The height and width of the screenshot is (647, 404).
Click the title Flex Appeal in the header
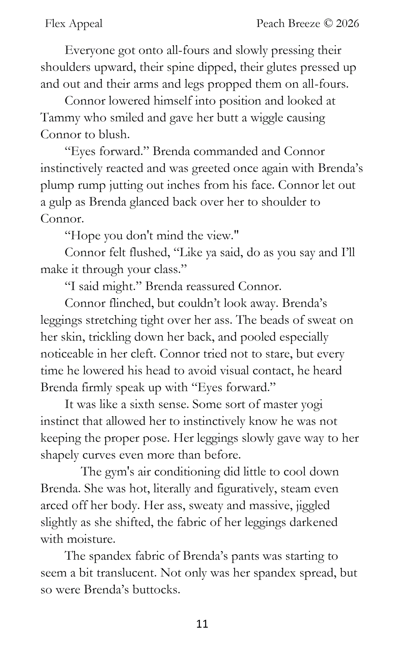(74, 24)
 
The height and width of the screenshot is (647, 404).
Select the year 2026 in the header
(347, 24)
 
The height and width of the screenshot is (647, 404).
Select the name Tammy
(60, 118)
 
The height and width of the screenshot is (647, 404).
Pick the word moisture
(91, 539)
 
